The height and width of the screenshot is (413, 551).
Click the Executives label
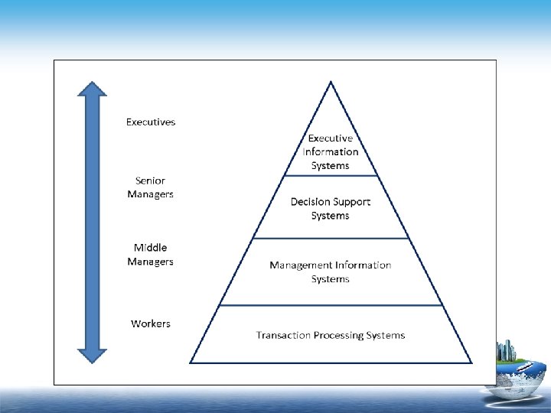[151, 122]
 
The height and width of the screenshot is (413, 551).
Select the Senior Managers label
[151, 187]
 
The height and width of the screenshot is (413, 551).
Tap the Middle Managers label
[151, 254]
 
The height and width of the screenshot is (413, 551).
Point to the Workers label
[151, 324]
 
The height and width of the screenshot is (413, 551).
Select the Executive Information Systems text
[330, 151]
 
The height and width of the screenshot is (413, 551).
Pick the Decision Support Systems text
[330, 209]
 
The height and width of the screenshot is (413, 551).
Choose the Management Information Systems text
[330, 272]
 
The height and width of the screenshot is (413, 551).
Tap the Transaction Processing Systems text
[330, 335]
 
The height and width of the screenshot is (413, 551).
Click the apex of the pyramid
[331, 81]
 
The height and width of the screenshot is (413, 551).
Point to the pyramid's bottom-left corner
[191, 362]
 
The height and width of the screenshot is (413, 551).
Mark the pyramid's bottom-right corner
[471, 362]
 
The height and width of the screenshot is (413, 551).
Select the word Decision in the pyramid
[311, 202]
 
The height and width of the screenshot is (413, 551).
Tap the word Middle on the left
[151, 247]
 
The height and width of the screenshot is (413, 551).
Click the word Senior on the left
[151, 180]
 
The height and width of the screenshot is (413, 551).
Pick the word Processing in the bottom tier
[340, 335]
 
